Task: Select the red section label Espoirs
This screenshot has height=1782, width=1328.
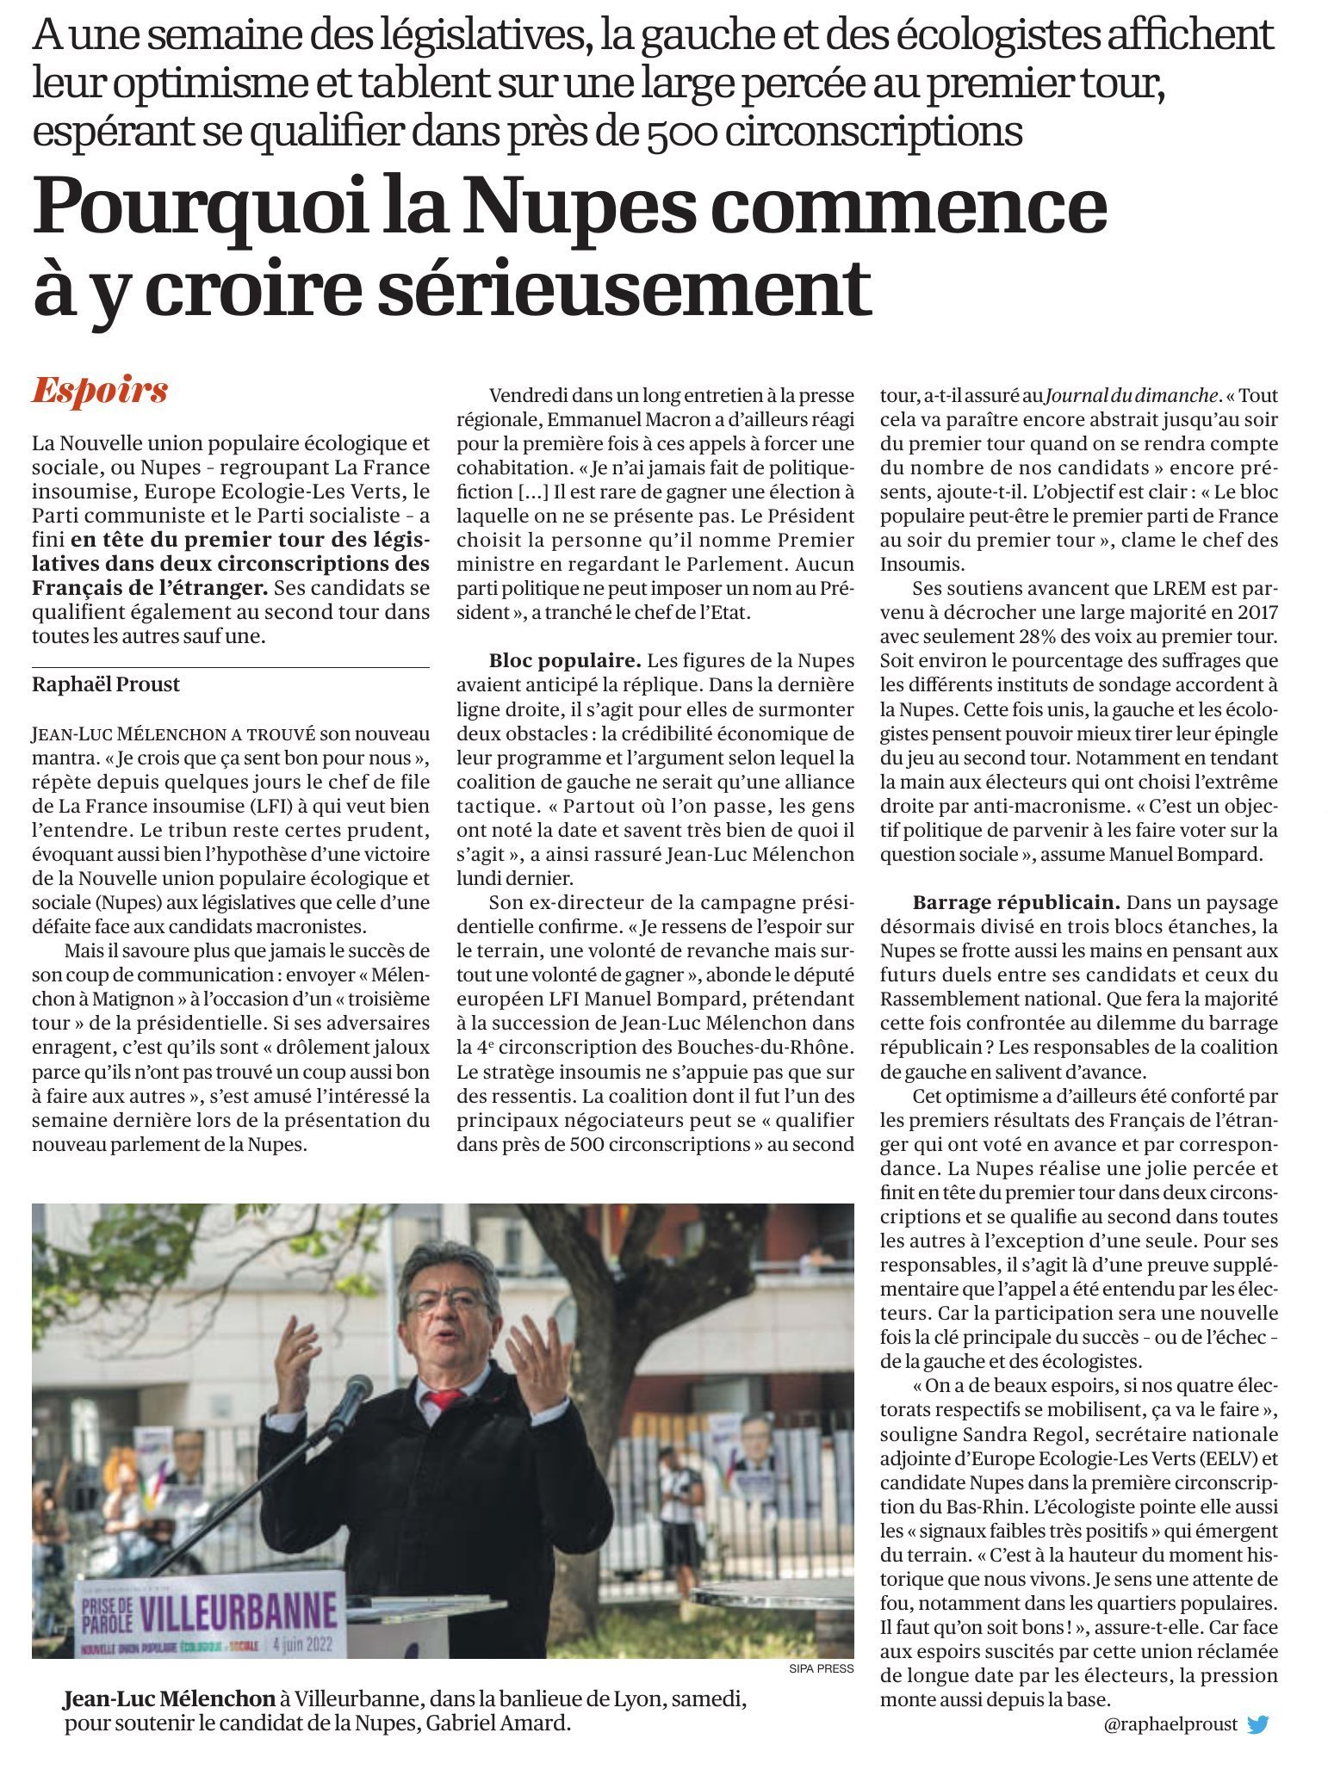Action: (100, 391)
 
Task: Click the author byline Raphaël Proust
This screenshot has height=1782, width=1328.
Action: (106, 684)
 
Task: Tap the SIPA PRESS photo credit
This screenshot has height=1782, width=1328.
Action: (821, 1668)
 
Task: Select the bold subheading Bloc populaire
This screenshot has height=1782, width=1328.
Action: (565, 661)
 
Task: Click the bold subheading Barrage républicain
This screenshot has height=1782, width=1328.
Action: (1016, 903)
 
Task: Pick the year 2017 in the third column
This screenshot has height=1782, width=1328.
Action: (1257, 613)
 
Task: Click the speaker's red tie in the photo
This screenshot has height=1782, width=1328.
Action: (444, 1399)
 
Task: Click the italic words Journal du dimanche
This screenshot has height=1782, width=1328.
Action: (1133, 396)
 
